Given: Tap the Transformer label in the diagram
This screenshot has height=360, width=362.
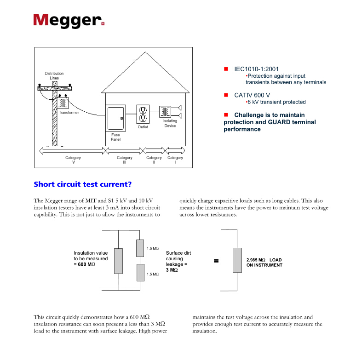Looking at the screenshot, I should (69, 112).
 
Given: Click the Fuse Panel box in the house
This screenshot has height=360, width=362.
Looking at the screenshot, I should (115, 118).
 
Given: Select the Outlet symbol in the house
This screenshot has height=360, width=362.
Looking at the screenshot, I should (143, 114).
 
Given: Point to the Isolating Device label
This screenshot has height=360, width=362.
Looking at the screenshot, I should (170, 123).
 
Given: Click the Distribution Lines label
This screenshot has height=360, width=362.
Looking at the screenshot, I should (54, 76).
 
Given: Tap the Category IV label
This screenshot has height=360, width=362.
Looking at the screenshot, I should (73, 160).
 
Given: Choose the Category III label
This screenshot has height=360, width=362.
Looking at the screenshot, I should (125, 160).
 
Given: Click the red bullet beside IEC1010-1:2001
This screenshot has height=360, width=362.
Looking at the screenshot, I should (226, 69).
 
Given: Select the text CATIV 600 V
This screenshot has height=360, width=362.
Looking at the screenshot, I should (252, 95).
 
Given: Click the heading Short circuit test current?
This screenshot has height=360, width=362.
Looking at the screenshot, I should (83, 184).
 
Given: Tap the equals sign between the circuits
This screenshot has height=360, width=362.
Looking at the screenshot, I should (216, 261).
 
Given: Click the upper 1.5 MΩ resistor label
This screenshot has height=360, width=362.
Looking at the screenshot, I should (153, 249).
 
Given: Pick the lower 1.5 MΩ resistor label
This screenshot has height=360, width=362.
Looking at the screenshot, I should (153, 274).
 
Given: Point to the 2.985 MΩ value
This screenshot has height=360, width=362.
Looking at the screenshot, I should (256, 260).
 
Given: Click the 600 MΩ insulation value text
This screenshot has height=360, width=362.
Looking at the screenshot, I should (86, 264).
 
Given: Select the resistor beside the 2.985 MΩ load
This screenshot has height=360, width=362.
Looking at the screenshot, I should (237, 261).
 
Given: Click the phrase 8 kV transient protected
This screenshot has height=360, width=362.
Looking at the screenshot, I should (277, 102).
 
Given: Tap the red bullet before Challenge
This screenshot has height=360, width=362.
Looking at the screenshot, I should (226, 115).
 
